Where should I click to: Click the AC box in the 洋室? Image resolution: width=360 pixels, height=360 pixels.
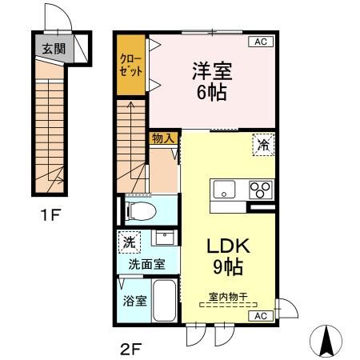pyautogui.click(x=260, y=42)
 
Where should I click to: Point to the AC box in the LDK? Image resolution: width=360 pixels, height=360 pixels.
pyautogui.click(x=260, y=316)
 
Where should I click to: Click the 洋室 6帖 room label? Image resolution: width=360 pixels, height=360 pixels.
pyautogui.click(x=211, y=80)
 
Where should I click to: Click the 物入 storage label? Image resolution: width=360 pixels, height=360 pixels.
pyautogui.click(x=163, y=138)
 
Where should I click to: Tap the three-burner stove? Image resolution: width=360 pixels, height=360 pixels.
pyautogui.click(x=260, y=190)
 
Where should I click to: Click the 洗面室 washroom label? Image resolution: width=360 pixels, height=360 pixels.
pyautogui.click(x=147, y=263)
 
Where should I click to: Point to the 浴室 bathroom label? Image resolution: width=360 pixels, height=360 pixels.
pyautogui.click(x=134, y=302)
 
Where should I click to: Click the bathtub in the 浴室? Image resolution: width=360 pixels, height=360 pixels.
pyautogui.click(x=166, y=302)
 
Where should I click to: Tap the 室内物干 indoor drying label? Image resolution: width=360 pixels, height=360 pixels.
pyautogui.click(x=228, y=295)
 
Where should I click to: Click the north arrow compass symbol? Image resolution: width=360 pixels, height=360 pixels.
pyautogui.click(x=326, y=342)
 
